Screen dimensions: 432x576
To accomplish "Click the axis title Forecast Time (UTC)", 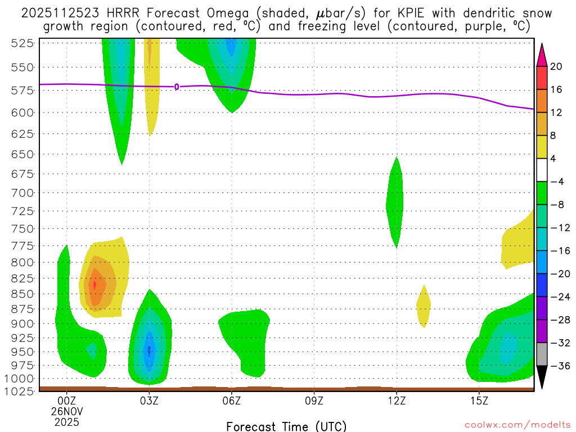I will (286, 426).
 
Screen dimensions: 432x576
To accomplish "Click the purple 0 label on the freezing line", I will (177, 87).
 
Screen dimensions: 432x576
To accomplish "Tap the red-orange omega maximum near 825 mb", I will (94, 285).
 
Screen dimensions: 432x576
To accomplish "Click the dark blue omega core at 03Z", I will (149, 350).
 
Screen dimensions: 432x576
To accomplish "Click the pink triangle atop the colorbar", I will (542, 53).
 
